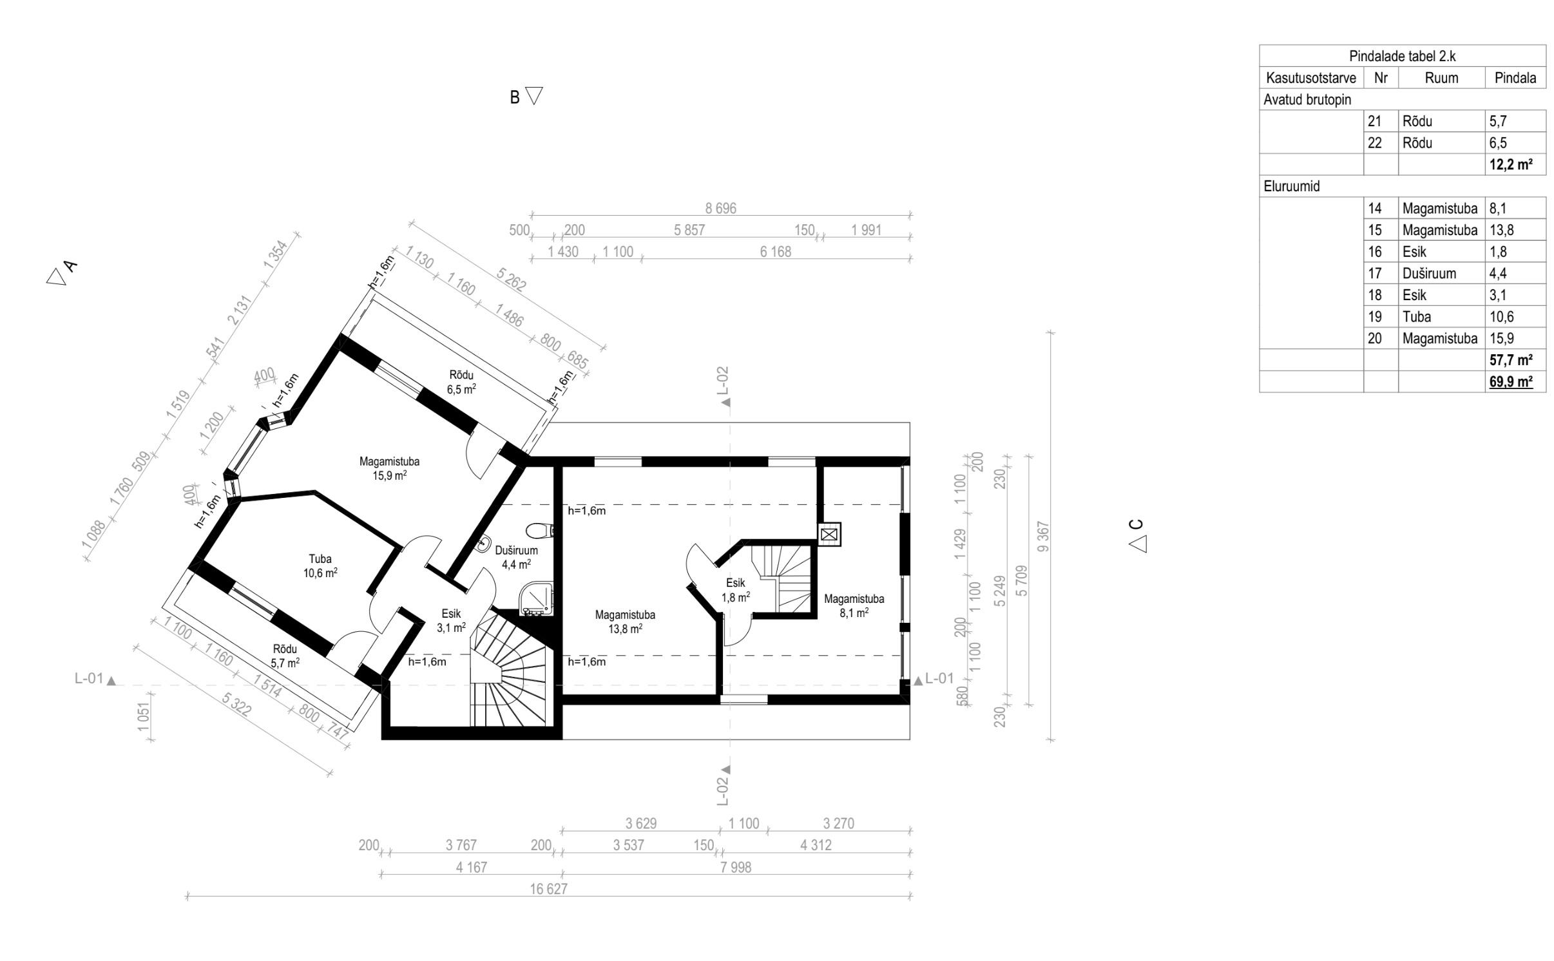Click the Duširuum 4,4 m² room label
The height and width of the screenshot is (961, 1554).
tap(515, 557)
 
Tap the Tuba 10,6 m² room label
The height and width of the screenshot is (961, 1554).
tap(320, 566)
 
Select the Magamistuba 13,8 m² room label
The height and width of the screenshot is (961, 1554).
tap(625, 622)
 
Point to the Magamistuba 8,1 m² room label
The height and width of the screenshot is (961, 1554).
tap(854, 605)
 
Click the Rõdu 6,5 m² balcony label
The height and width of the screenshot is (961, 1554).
tap(461, 382)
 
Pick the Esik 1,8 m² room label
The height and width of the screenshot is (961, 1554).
tap(735, 590)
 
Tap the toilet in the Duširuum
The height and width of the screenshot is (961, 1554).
tap(540, 531)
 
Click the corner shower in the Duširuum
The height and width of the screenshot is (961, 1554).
tap(537, 598)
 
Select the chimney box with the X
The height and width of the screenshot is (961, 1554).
tap(829, 534)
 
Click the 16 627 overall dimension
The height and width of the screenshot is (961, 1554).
tap(549, 889)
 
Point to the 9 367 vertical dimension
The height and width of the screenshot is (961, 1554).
tap(1044, 537)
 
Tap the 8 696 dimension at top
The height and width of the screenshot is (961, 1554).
tap(720, 208)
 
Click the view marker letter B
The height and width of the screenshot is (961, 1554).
tap(515, 97)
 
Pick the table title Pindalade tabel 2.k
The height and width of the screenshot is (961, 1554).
tap(1403, 56)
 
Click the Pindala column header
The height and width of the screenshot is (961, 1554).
tap(1515, 78)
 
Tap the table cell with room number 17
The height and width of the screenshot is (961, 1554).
tap(1375, 273)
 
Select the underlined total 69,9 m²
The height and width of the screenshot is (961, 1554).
tap(1511, 382)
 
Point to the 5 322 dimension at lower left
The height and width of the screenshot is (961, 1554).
tap(236, 705)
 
